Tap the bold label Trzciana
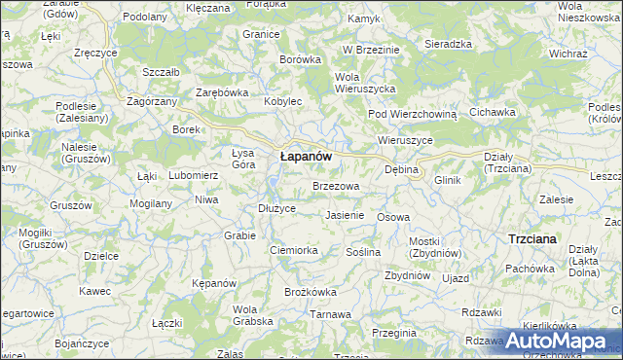tap(532, 238)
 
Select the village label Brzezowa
tap(336, 185)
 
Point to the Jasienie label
tap(345, 215)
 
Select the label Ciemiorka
tap(294, 250)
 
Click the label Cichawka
tap(492, 112)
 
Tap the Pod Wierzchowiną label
tap(412, 114)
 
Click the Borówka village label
tap(300, 59)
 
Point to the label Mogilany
tap(150, 204)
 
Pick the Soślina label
tap(363, 252)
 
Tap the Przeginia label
tap(394, 333)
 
